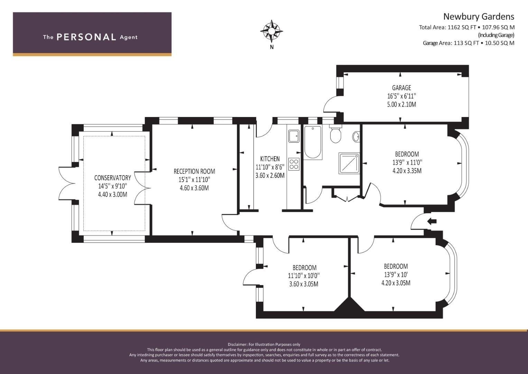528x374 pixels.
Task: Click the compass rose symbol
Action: (271, 31)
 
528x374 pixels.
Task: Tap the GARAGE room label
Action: (401, 88)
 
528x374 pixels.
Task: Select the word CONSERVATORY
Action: (112, 178)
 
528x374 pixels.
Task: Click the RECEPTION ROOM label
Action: (194, 171)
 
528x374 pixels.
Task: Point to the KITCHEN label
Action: (270, 159)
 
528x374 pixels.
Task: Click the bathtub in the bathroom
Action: (313, 143)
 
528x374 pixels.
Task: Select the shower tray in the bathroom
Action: (349, 163)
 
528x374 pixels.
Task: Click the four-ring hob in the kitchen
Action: (294, 164)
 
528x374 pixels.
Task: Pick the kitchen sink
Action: (294, 136)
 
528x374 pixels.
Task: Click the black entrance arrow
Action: (432, 222)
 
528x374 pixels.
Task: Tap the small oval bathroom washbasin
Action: (356, 137)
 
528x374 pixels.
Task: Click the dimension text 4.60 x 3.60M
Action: (194, 188)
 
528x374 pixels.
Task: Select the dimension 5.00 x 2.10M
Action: (401, 104)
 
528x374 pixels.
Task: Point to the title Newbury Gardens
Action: (479, 17)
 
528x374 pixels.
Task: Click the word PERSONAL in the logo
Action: (86, 37)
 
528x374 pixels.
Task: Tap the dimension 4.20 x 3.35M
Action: (407, 171)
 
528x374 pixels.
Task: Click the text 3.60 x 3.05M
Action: (304, 284)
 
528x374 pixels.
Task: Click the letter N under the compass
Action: (271, 47)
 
